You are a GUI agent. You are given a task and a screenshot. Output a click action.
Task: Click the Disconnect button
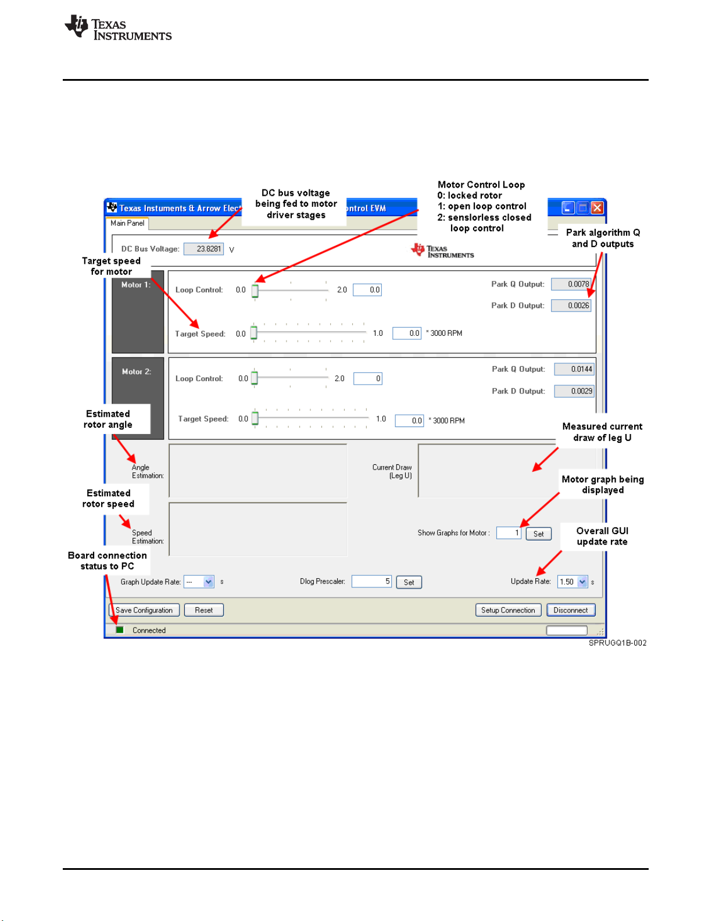tap(571, 610)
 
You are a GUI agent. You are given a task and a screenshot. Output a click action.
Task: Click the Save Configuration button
tap(144, 610)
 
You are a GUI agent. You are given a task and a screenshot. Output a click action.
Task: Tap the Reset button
tap(203, 610)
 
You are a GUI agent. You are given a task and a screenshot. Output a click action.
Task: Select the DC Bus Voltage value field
tap(204, 249)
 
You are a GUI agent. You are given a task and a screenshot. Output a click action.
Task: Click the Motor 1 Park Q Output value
tap(571, 284)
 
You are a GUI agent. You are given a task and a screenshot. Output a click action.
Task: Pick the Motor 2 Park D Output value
tap(574, 391)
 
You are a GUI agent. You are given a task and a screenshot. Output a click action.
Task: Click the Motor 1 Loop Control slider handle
tap(255, 291)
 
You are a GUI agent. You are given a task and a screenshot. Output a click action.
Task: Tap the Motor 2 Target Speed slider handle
tap(255, 419)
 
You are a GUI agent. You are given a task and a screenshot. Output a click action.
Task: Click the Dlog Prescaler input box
tap(371, 581)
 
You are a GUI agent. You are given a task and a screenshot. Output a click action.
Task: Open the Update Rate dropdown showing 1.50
tap(582, 582)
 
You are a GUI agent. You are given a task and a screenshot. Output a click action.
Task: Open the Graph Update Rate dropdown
tap(208, 582)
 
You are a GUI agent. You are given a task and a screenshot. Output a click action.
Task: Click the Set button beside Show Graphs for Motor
tap(538, 534)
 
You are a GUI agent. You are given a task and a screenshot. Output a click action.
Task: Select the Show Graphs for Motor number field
tap(509, 533)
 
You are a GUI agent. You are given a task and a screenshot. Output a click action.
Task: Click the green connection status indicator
tap(120, 630)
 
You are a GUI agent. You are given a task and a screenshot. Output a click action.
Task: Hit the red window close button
tap(597, 207)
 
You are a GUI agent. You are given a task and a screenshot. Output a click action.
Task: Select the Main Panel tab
tap(127, 223)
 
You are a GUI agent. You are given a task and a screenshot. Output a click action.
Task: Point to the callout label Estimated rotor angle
tap(108, 419)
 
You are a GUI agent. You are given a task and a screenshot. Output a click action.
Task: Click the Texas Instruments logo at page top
tap(119, 28)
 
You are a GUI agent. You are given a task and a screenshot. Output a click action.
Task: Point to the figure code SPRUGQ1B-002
tap(617, 643)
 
